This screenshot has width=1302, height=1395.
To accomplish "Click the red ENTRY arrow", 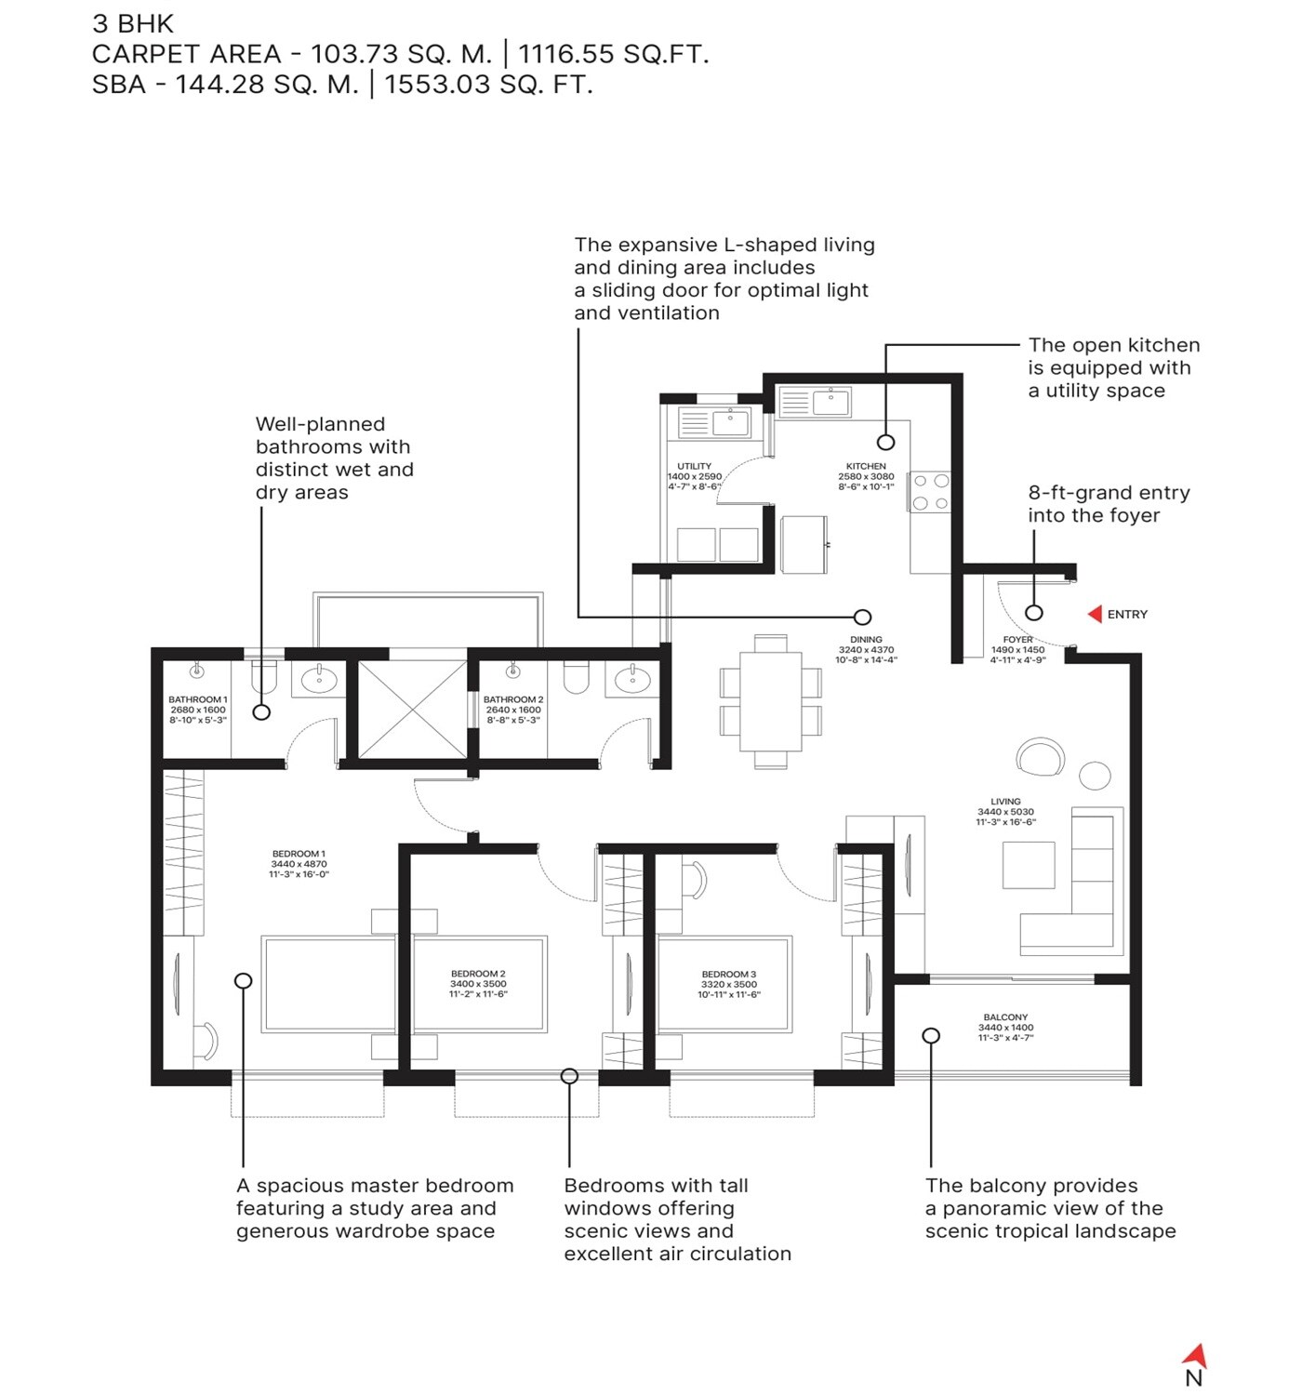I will [x=1095, y=614].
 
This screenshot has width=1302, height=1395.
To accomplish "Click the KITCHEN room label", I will [x=866, y=466].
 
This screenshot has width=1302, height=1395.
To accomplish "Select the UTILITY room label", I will [x=694, y=466].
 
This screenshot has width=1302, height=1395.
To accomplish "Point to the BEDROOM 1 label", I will [x=299, y=854].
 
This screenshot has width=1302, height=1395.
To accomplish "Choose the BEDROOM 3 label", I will [x=728, y=974].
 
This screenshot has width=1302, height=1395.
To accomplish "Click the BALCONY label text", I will [x=1005, y=1017].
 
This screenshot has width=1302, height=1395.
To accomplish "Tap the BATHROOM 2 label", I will [x=513, y=699].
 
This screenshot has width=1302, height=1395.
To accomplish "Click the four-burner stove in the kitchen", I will [x=931, y=492].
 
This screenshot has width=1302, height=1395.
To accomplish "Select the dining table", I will [x=771, y=701].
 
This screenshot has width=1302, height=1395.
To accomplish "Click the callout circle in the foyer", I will [x=1034, y=613].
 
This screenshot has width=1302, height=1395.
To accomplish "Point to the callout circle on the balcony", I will [x=931, y=1035].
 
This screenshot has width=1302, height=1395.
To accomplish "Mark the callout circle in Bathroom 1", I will [x=262, y=712].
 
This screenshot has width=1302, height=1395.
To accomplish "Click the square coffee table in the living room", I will [x=1029, y=866].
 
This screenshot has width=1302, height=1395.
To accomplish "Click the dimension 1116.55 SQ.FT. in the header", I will [x=613, y=54].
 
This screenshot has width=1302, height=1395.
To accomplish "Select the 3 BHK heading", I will [x=133, y=23].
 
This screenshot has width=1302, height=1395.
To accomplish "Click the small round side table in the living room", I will [x=1095, y=776].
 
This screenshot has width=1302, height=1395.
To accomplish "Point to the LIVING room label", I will [x=1005, y=802].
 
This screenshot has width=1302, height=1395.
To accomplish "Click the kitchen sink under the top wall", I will [x=830, y=403].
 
